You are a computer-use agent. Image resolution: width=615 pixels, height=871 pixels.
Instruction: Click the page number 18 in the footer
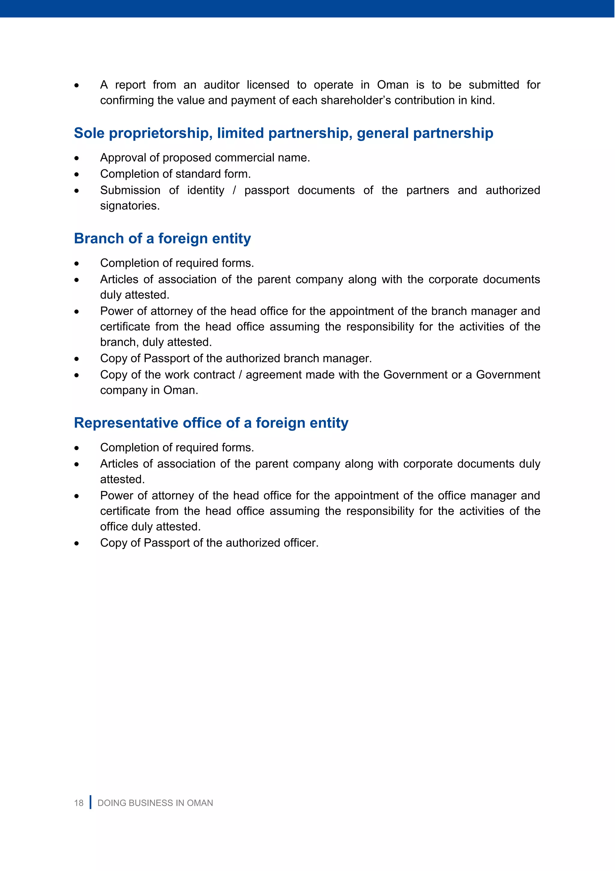click(x=79, y=803)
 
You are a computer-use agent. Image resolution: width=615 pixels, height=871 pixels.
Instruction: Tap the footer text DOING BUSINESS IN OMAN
click(x=155, y=803)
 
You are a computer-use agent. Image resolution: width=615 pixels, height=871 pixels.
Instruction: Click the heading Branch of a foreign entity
click(x=162, y=239)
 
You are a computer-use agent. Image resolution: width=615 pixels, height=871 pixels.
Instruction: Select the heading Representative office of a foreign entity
click(x=211, y=423)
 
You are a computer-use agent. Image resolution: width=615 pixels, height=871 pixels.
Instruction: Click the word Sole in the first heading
click(x=89, y=133)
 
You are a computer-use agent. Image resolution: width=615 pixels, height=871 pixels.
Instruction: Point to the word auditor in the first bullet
click(x=221, y=85)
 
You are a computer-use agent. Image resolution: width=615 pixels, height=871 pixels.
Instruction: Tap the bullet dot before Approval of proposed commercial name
click(x=77, y=158)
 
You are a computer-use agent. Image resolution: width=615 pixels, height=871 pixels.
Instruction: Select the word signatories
click(x=129, y=206)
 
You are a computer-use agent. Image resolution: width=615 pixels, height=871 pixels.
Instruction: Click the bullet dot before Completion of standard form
click(x=77, y=174)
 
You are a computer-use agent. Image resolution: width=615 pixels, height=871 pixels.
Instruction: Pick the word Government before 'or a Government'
click(x=415, y=375)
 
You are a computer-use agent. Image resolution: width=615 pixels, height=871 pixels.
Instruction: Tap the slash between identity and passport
click(x=235, y=190)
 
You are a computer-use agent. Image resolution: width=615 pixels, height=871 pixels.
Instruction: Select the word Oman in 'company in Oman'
click(x=180, y=390)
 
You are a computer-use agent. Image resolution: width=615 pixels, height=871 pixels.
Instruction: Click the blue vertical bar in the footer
click(x=90, y=802)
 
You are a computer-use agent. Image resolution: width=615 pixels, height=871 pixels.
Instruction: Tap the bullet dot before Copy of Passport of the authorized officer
click(x=77, y=544)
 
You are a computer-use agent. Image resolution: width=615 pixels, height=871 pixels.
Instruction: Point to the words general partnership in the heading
click(x=425, y=133)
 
